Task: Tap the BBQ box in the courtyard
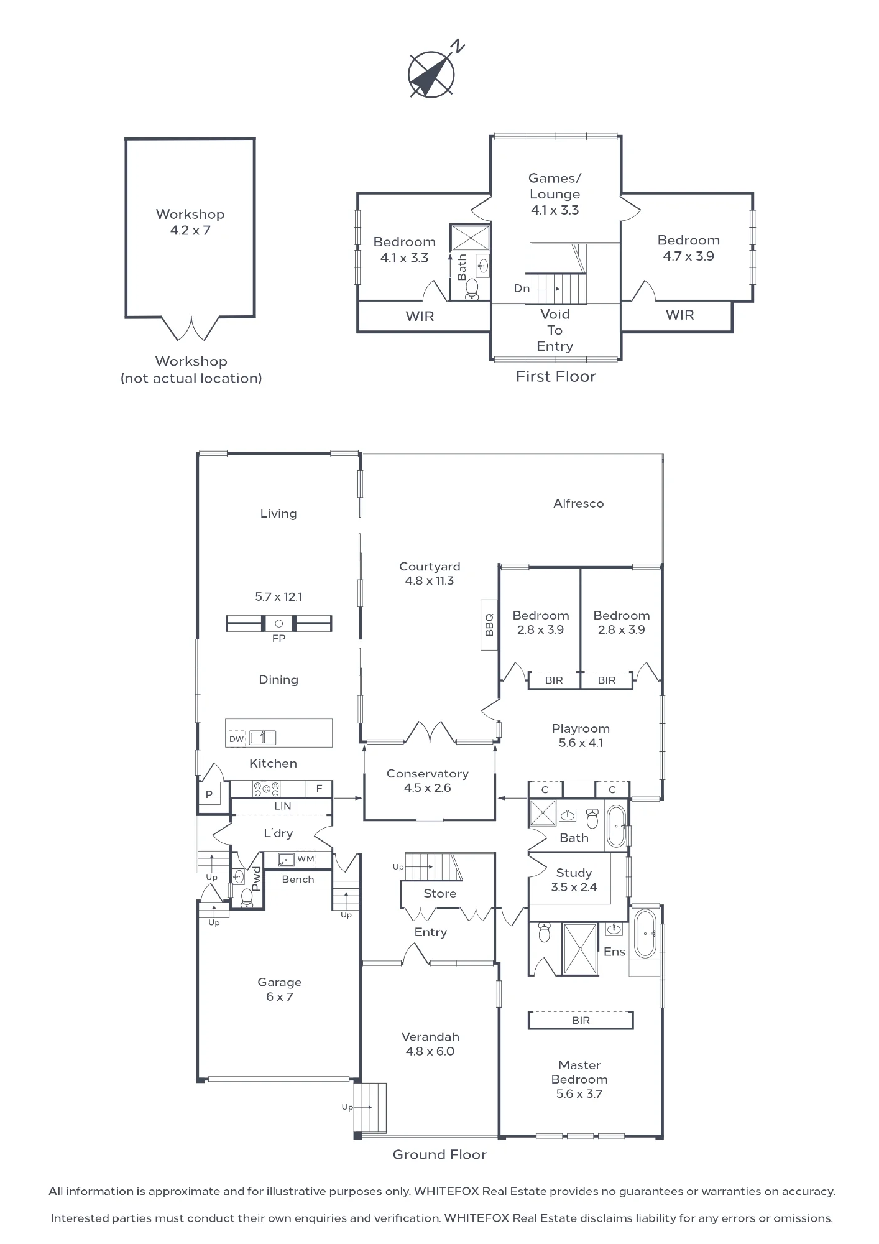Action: click(x=489, y=624)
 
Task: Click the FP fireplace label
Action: click(x=278, y=639)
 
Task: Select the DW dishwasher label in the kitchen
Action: click(x=236, y=739)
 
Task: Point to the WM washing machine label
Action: click(x=306, y=859)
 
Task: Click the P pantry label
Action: click(x=209, y=794)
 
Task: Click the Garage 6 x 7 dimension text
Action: click(x=280, y=996)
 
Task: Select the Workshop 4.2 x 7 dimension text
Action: click(x=190, y=230)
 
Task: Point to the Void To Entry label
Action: click(x=555, y=330)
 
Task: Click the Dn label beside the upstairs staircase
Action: click(x=522, y=289)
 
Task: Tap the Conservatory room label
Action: click(x=428, y=774)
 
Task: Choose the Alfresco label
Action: click(x=579, y=504)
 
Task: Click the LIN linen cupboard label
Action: click(x=283, y=806)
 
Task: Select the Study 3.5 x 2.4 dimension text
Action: click(x=574, y=888)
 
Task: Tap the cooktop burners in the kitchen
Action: click(x=267, y=789)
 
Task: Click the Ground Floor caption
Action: click(x=439, y=1155)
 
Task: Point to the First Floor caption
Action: click(x=556, y=377)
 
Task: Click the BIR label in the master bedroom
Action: click(x=581, y=1021)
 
